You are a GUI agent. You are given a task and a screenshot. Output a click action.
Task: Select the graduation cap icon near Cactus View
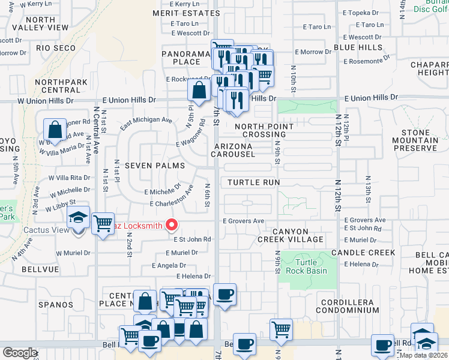pyautogui.click(x=79, y=218)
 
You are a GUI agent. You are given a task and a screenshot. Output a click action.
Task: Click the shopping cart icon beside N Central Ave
pyautogui.click(x=103, y=223)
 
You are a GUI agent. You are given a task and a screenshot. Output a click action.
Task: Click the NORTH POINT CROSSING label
pyautogui.click(x=264, y=130)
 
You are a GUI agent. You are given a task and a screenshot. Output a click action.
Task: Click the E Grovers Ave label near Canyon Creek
pyautogui.click(x=243, y=221)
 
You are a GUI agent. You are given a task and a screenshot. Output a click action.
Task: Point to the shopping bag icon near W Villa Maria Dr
pyautogui.click(x=55, y=129)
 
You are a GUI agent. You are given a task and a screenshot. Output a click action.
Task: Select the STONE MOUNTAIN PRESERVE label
pyautogui.click(x=411, y=140)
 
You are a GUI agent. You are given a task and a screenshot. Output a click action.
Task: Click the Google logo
pyautogui.click(x=20, y=352)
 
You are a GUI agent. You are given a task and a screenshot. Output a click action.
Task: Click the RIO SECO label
pyautogui.click(x=56, y=48)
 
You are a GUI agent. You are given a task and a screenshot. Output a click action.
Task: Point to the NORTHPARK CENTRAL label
pyautogui.click(x=58, y=86)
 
